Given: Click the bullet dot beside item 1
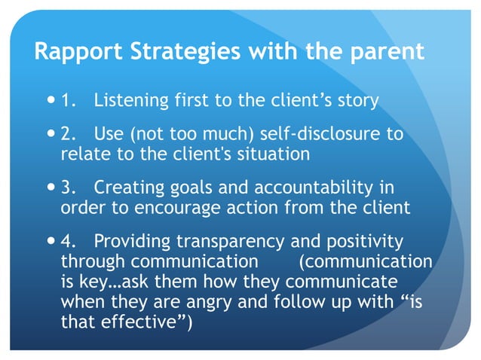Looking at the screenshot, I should point(50,99).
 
